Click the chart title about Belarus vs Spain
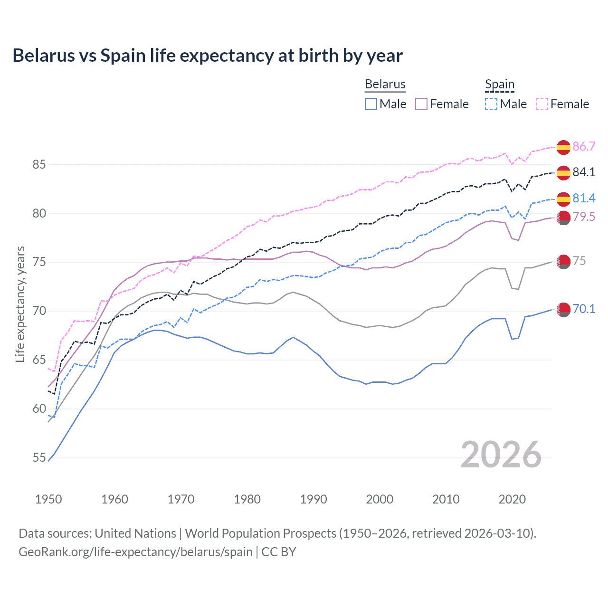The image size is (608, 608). [208, 56]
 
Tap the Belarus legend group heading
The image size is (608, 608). [385, 84]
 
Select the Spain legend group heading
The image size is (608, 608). [499, 84]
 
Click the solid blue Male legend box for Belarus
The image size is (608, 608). [371, 104]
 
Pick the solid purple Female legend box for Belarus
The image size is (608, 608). [421, 104]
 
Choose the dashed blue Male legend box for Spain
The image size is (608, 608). [491, 104]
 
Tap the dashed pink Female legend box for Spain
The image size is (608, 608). [542, 104]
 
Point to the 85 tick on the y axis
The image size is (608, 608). [39, 165]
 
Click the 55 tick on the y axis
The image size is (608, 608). [39, 458]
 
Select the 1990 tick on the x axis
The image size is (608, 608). [313, 499]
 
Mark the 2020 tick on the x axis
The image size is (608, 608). [512, 499]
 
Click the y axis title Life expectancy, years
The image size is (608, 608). [20, 304]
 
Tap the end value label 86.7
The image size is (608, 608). [584, 146]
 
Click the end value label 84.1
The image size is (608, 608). [584, 172]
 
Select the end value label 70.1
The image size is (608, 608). [584, 309]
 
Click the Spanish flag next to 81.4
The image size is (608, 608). [563, 199]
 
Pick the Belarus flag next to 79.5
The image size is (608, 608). [563, 218]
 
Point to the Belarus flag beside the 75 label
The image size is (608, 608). [563, 261]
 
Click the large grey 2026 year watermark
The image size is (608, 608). [501, 455]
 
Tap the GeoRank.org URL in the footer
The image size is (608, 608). [135, 552]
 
